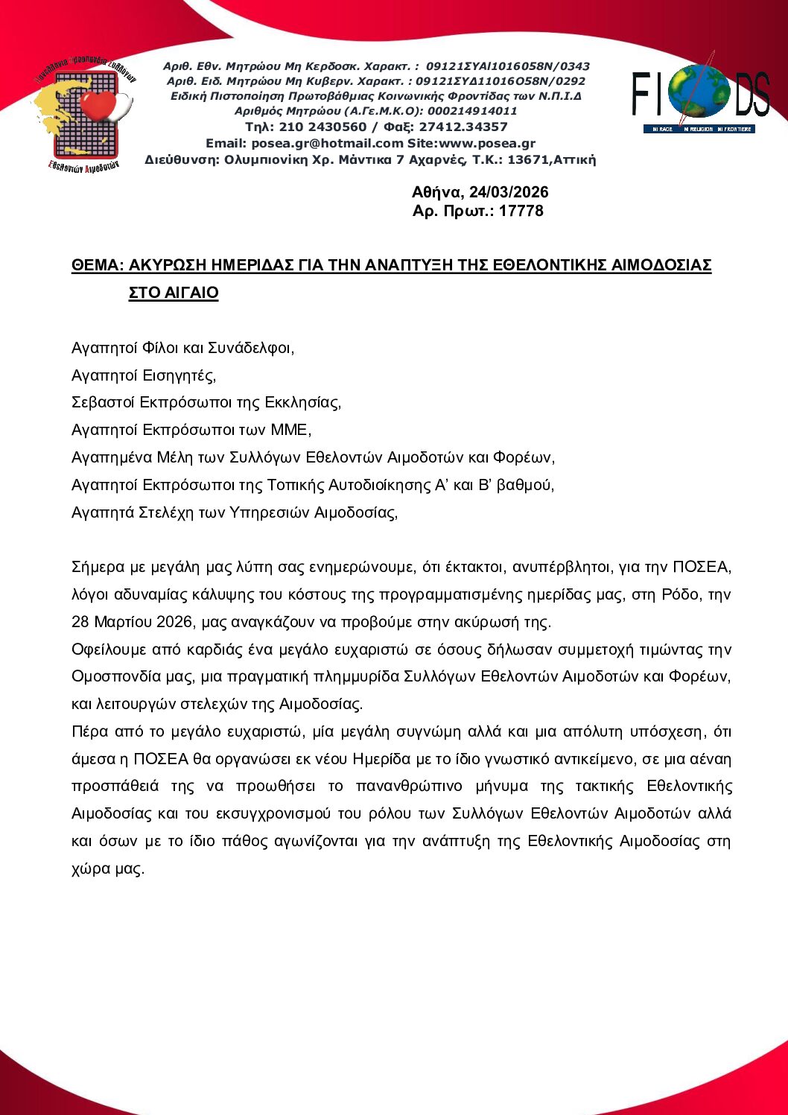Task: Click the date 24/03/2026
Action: tap(509, 192)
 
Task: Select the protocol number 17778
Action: tap(521, 211)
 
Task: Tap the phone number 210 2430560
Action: tap(322, 127)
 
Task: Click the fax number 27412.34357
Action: tap(463, 127)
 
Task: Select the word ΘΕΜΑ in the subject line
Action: tap(95, 265)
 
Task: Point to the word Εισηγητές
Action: tap(179, 375)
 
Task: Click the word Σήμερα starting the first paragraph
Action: tap(98, 568)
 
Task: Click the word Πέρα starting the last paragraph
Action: tap(89, 732)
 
